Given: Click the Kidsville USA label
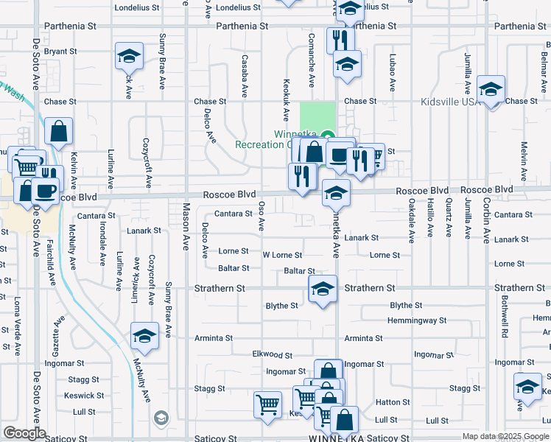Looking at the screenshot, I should [449, 101].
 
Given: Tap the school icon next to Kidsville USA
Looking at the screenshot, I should [491, 90].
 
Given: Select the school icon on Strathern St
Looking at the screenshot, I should [323, 290].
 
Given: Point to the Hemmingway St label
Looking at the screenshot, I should [417, 320].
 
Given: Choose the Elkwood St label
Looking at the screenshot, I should [272, 355].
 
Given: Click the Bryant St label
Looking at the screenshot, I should [60, 52].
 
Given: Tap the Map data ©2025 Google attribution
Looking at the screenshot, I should [505, 436].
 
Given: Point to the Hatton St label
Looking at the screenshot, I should [393, 402].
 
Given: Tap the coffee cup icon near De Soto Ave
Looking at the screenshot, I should [44, 190].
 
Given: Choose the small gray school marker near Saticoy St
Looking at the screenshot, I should [161, 418].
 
